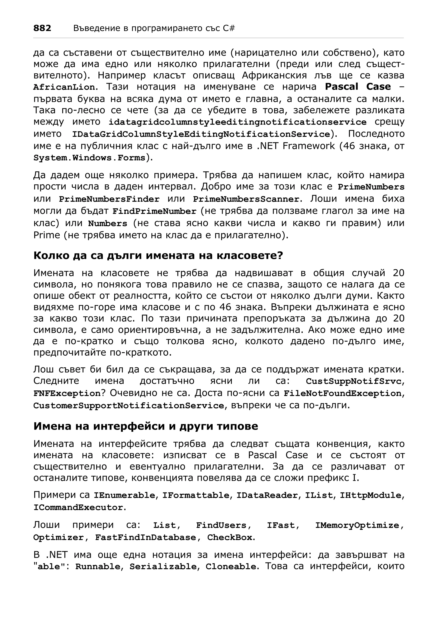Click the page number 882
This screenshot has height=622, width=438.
pyautogui.click(x=42, y=28)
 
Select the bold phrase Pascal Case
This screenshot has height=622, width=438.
pyautogui.click(x=358, y=87)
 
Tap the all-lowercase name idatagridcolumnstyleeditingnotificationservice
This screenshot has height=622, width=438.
pyautogui.click(x=237, y=122)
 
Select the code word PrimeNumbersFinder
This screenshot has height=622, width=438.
pyautogui.click(x=109, y=199)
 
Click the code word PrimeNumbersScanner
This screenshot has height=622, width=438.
pyautogui.click(x=246, y=199)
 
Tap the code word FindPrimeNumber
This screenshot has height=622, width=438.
pyautogui.click(x=154, y=211)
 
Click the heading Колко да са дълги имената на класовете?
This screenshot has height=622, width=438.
pyautogui.click(x=158, y=256)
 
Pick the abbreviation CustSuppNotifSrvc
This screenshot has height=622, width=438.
pyautogui.click(x=353, y=381)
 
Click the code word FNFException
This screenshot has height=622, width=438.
pyautogui.click(x=67, y=393)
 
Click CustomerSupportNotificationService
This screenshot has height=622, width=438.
pyautogui.click(x=129, y=406)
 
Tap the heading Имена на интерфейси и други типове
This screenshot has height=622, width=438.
pyautogui.click(x=145, y=426)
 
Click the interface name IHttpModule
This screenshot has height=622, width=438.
pyautogui.click(x=370, y=495)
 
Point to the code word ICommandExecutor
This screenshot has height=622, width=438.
pyautogui.click(x=78, y=507)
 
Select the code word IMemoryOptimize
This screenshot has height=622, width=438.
pyautogui.click(x=357, y=525)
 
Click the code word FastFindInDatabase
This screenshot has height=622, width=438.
pyautogui.click(x=145, y=537)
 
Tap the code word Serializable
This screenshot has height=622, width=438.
pyautogui.click(x=163, y=567)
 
